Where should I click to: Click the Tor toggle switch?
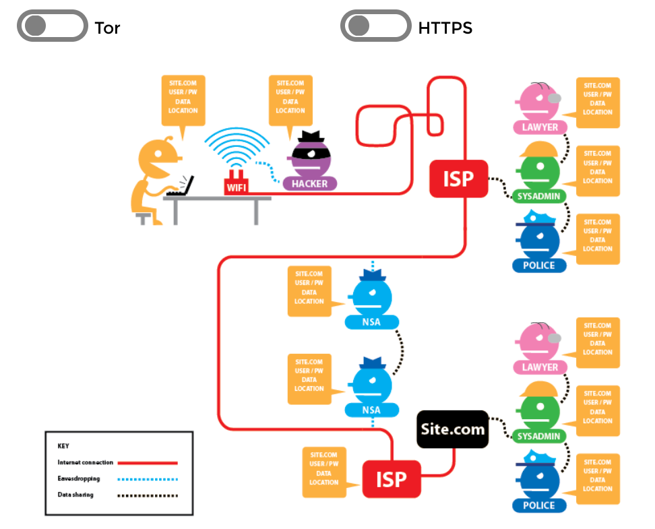click(52, 26)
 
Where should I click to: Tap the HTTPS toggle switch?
click(375, 26)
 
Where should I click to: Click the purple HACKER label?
click(309, 183)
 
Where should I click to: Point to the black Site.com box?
click(452, 429)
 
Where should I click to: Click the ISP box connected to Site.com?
click(392, 479)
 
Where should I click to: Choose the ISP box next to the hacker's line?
click(458, 179)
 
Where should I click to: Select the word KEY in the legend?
click(63, 446)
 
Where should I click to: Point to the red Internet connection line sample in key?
click(147, 463)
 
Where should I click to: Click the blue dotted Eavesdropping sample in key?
click(147, 479)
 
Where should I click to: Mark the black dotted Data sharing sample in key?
click(147, 495)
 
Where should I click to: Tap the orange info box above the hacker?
click(290, 98)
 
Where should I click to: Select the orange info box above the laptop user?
click(183, 98)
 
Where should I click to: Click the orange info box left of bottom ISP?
click(324, 469)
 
